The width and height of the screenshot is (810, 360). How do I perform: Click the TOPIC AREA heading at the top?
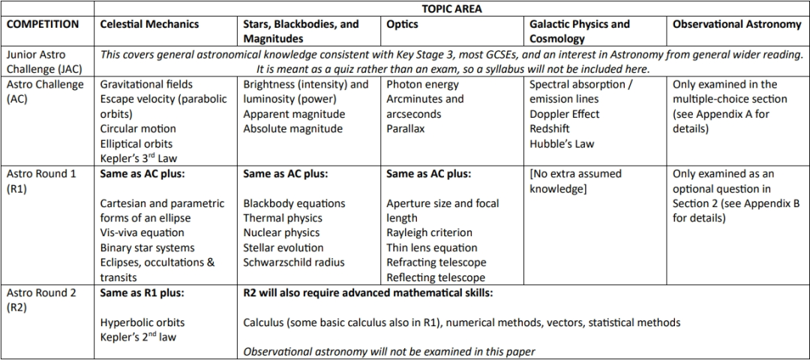(x=451, y=9)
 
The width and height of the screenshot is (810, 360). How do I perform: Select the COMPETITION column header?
(x=43, y=24)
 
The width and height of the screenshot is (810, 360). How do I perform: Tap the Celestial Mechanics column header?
(x=149, y=24)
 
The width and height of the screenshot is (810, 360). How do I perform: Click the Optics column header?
(x=402, y=24)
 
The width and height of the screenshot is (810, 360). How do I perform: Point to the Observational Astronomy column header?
(x=736, y=24)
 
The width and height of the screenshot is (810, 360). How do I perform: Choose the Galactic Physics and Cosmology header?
(x=579, y=31)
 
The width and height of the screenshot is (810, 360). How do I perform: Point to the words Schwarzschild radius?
(x=294, y=262)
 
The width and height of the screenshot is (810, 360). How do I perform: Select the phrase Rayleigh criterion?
(x=429, y=232)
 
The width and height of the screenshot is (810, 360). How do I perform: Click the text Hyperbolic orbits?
(x=142, y=322)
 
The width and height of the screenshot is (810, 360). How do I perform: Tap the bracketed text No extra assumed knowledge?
(x=575, y=181)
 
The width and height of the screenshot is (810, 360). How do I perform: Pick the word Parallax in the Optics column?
(x=405, y=129)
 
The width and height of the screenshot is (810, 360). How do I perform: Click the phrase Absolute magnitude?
(x=292, y=129)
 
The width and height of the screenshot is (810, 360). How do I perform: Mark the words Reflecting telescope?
(x=436, y=277)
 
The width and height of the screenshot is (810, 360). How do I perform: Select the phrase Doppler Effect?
(x=564, y=114)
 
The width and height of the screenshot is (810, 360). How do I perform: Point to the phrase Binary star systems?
(x=147, y=247)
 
